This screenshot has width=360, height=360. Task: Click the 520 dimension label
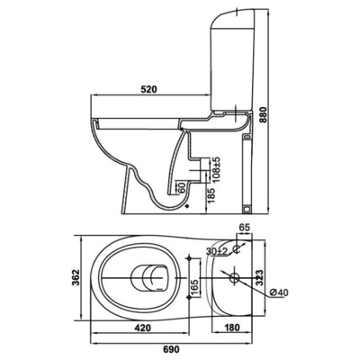tap(149, 89)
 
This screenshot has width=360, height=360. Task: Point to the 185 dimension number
tap(211, 195)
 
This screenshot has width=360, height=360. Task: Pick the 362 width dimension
tap(76, 277)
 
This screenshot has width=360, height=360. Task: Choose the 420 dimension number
tap(142, 328)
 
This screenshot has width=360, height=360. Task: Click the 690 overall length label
tap(171, 349)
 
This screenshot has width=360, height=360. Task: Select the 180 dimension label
tap(231, 328)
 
